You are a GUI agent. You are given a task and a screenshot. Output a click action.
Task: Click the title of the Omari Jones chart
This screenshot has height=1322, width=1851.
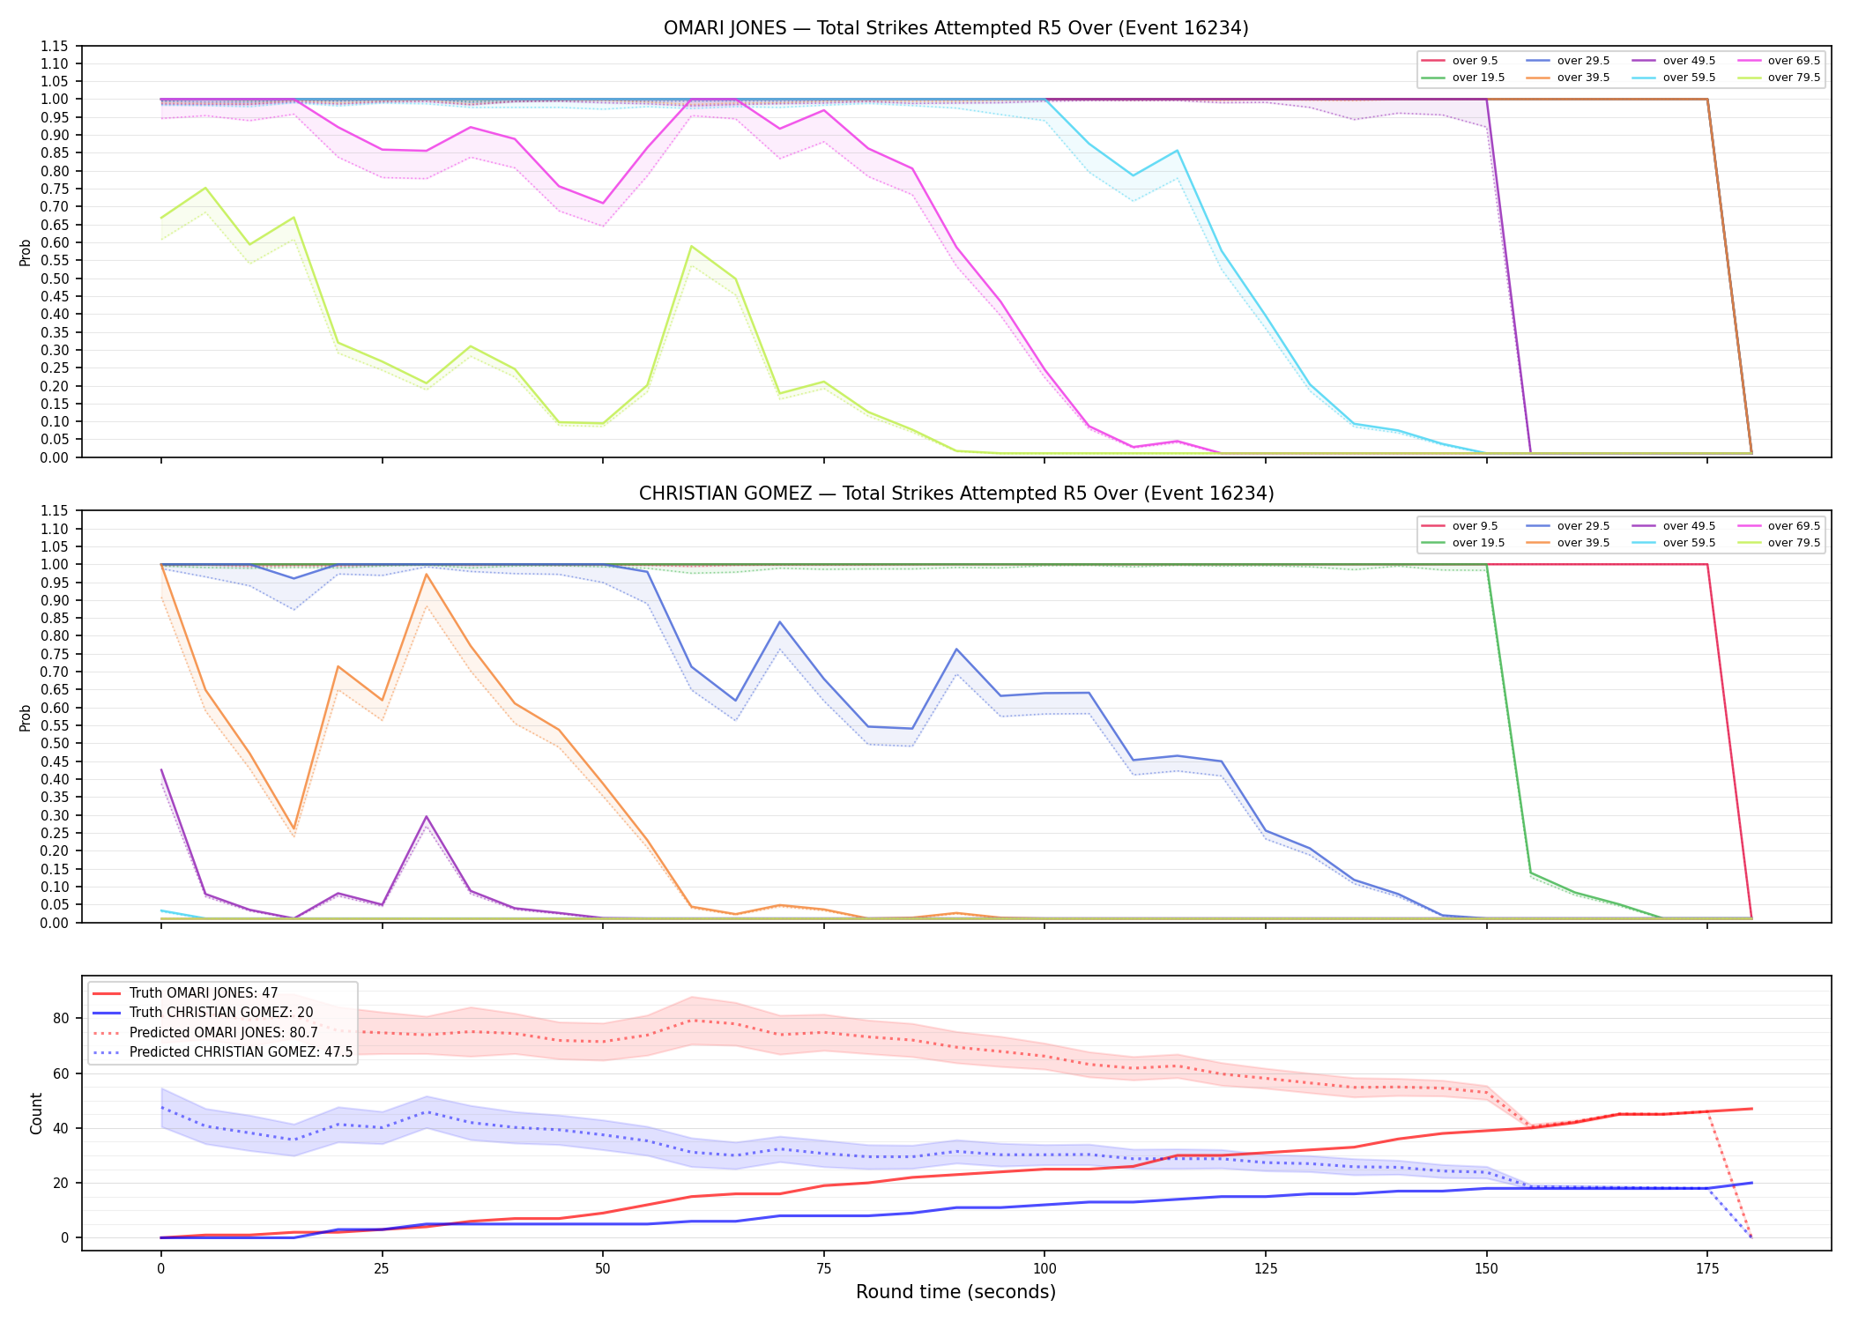tap(955, 28)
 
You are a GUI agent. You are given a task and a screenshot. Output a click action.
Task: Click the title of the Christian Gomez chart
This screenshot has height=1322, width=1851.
tap(955, 494)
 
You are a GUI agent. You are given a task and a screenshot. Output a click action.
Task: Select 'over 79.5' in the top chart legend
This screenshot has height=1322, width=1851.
tap(1794, 78)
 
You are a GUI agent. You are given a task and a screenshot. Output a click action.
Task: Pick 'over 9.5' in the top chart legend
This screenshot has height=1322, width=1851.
tap(1475, 61)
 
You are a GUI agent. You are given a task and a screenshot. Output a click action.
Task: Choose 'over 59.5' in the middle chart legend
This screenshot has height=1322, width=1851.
tap(1689, 543)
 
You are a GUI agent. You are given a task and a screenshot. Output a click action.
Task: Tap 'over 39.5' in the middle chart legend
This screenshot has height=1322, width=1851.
tap(1583, 543)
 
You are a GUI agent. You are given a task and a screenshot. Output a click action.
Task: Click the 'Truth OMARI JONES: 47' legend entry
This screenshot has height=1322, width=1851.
tap(203, 993)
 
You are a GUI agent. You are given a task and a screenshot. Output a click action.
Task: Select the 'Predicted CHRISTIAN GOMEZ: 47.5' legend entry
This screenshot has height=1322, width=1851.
tap(241, 1052)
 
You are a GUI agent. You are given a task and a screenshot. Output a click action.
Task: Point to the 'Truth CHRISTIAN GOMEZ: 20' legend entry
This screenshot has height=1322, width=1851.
tap(220, 1013)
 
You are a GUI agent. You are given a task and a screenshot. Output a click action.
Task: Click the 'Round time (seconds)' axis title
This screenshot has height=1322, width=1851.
tap(955, 1292)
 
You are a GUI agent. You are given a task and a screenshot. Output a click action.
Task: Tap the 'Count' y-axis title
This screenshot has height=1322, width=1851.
tap(36, 1113)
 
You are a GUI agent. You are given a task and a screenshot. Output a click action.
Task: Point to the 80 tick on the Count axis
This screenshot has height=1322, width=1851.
tap(61, 1018)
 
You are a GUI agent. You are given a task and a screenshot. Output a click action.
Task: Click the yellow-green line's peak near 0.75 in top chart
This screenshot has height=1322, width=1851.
tap(205, 188)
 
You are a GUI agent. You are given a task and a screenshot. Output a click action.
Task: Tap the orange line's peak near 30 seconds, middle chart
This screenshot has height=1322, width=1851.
tap(427, 575)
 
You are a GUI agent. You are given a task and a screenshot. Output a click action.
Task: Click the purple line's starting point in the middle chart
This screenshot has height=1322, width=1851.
tap(161, 769)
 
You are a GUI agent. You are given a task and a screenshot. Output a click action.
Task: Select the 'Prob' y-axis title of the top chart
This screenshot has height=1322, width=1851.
tap(26, 252)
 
